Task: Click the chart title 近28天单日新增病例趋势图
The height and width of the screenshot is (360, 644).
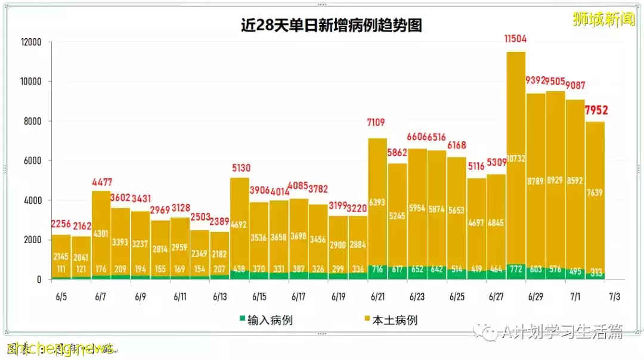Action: pyautogui.click(x=331, y=26)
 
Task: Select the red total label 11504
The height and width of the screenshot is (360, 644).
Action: pyautogui.click(x=515, y=39)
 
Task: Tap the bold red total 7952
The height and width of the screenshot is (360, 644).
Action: pyautogui.click(x=596, y=110)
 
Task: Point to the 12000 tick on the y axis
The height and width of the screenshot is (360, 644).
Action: pyautogui.click(x=30, y=42)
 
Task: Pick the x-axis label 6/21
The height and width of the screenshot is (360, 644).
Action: pyautogui.click(x=377, y=297)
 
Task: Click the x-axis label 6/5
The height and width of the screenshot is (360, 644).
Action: pyautogui.click(x=60, y=297)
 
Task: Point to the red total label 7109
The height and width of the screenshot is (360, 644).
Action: pyautogui.click(x=376, y=123)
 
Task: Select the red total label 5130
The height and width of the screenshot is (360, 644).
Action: pyautogui.click(x=240, y=169)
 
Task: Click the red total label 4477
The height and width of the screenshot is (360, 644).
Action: pyautogui.click(x=101, y=182)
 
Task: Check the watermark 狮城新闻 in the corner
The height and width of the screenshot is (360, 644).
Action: pyautogui.click(x=603, y=20)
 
